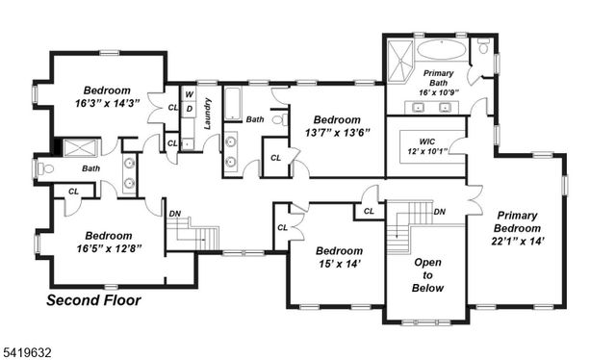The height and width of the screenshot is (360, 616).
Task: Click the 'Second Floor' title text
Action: click(94, 301)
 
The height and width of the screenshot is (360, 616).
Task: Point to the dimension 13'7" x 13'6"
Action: click(338, 132)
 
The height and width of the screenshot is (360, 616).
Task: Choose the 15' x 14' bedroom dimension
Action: click(339, 265)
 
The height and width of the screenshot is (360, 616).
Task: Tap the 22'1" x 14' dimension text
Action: click(523, 243)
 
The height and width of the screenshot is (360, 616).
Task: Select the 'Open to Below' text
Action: click(428, 274)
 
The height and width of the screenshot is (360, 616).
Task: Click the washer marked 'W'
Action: click(190, 94)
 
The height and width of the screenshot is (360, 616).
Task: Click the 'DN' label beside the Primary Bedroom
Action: click(439, 212)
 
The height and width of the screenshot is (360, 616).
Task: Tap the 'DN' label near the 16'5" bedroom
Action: click(174, 214)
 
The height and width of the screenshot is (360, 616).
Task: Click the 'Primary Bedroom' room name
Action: click(523, 221)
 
